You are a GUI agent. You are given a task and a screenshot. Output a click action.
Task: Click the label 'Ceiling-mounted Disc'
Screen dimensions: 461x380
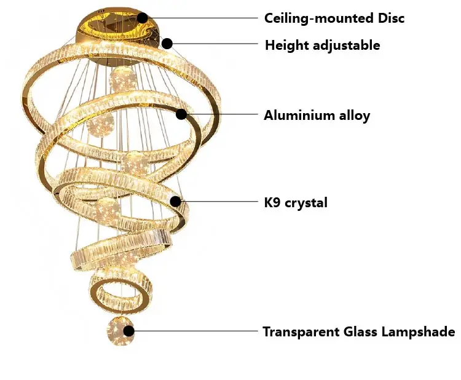click(x=334, y=18)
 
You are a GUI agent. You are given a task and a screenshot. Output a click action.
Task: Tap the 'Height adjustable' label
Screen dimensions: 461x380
click(x=322, y=45)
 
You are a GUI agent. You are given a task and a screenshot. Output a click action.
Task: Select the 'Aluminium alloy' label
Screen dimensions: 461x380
click(x=317, y=115)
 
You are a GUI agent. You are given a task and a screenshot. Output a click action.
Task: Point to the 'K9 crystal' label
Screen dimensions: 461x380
click(x=296, y=202)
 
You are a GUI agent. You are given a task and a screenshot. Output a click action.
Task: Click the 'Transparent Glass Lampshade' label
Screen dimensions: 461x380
click(x=359, y=332)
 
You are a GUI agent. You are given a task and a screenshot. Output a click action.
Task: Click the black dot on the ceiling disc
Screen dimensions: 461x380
click(x=143, y=18)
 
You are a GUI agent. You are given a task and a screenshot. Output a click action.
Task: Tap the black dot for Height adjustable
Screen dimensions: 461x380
click(x=167, y=43)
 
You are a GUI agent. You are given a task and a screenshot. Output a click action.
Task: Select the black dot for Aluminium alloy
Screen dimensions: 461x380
click(x=181, y=114)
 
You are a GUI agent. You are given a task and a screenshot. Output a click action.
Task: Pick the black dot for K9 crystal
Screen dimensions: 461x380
click(x=175, y=201)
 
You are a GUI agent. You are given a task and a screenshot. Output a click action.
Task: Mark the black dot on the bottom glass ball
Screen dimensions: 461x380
click(x=129, y=331)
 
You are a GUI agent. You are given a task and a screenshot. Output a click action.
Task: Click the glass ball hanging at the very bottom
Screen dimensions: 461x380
click(x=120, y=333)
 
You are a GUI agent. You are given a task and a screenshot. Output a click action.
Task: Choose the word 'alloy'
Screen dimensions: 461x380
click(x=352, y=115)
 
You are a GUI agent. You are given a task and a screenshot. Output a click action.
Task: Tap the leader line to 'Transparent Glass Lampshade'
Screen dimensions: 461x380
click(x=196, y=331)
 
